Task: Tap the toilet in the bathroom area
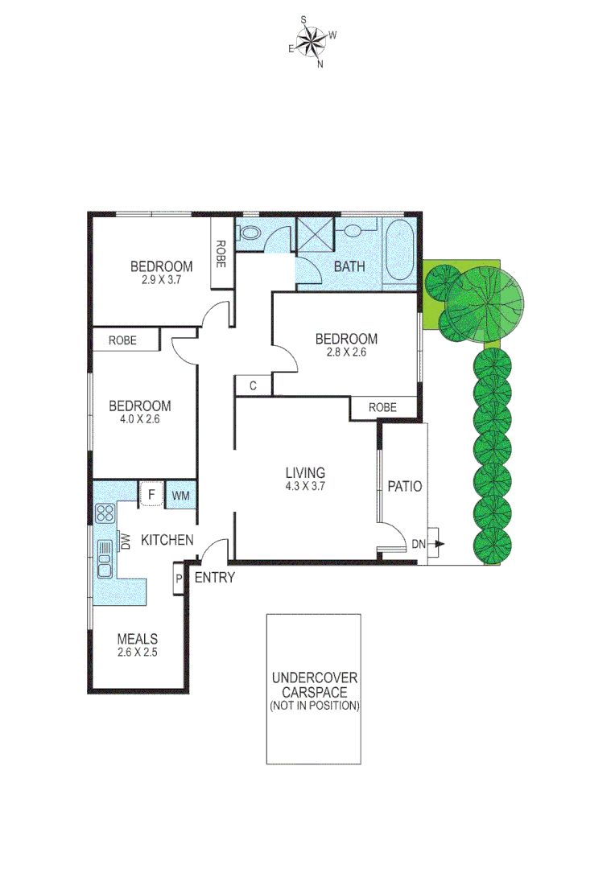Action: [x=252, y=233]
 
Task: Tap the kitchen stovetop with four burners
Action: [x=105, y=513]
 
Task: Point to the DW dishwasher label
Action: [x=125, y=541]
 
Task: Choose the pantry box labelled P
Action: [x=178, y=579]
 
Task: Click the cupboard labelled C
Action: [x=253, y=386]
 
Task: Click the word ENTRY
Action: [x=215, y=577]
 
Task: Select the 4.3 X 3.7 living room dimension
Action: [x=304, y=486]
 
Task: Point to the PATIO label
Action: [x=404, y=487]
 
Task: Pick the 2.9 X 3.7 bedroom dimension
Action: [x=161, y=280]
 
